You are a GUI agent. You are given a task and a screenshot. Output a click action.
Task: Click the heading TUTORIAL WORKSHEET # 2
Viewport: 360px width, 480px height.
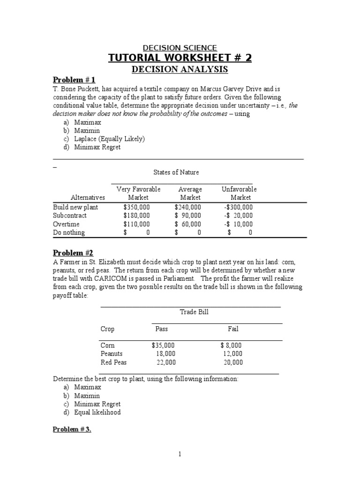pos(180,58)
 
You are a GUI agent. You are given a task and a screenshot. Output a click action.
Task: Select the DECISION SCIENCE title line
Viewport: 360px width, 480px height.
pos(180,48)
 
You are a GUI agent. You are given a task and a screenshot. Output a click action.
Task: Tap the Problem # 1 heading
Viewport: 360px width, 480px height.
pos(74,80)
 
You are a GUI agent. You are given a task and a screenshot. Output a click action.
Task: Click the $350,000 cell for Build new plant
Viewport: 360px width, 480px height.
pos(137,207)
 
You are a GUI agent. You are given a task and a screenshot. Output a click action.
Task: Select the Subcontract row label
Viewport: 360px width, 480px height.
pos(70,216)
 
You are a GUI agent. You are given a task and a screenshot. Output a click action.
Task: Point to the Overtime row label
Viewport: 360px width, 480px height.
pos(67,224)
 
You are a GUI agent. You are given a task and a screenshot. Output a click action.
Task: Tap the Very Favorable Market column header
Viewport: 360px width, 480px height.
pos(138,193)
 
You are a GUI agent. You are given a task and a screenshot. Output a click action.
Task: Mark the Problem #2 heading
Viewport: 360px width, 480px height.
pos(73,253)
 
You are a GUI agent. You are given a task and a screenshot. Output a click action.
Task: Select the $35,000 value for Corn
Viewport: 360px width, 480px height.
pos(163,345)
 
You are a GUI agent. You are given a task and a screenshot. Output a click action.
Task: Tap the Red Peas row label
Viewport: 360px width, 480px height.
pos(113,362)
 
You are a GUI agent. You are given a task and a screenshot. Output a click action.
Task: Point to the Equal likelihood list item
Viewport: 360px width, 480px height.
pos(97,412)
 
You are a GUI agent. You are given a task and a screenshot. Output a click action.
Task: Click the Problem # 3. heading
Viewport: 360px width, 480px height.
pos(72,429)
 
